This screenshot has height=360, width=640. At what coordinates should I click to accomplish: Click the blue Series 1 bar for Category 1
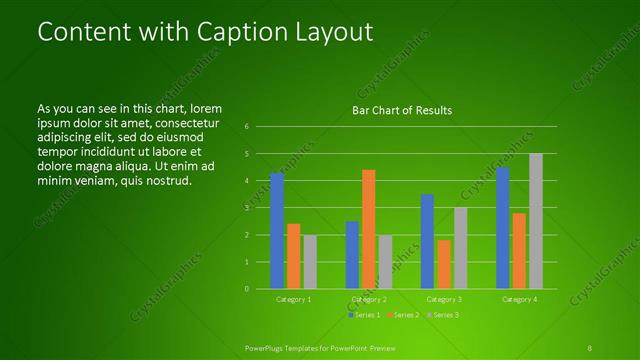pos(277,231)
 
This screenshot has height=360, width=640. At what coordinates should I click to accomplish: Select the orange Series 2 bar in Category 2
pos(368,229)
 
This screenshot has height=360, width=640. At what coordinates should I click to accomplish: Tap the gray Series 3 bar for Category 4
pos(536,221)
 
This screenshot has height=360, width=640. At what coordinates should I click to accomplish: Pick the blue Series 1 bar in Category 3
pos(427,241)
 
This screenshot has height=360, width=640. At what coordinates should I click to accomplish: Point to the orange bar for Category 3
pos(444,264)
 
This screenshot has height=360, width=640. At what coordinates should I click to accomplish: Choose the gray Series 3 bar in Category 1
pos(310,262)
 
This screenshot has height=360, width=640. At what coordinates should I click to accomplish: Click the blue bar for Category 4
pos(503,228)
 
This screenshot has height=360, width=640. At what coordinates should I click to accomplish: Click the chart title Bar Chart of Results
pos(402,110)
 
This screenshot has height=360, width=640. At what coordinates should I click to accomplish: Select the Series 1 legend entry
pos(364,315)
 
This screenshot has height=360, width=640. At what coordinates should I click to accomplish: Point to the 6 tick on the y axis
pos(247,127)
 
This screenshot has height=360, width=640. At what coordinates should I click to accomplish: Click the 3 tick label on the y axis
pos(247,208)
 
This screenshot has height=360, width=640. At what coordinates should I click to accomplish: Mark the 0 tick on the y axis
pos(247,289)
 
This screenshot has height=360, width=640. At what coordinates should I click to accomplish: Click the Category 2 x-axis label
pos(368,299)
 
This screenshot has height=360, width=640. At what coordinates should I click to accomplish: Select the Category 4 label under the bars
pos(519,299)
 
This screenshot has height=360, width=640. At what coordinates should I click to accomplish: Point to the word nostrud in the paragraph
pos(166,181)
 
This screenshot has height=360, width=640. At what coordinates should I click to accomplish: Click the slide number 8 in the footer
pos(589,347)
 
